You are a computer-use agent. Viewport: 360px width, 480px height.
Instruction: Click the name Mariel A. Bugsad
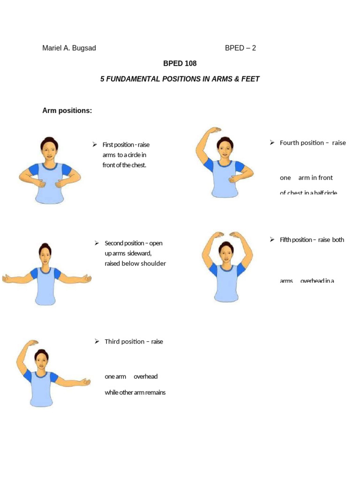click(69, 48)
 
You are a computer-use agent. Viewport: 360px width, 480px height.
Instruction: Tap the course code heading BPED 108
click(180, 63)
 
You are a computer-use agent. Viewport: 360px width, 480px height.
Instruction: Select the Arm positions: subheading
click(67, 111)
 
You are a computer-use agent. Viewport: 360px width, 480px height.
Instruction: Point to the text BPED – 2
click(240, 48)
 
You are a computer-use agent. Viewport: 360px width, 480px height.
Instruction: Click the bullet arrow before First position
click(94, 144)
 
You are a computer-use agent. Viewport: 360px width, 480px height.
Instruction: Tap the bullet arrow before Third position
click(97, 341)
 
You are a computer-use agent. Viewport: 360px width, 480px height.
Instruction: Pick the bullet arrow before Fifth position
click(271, 240)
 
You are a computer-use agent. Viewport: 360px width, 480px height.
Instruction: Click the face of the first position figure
click(49, 150)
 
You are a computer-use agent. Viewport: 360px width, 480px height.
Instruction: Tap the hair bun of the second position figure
click(45, 246)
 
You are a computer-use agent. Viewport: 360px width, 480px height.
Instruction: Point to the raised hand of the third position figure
click(32, 343)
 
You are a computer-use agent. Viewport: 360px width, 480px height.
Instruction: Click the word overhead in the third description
click(145, 376)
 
